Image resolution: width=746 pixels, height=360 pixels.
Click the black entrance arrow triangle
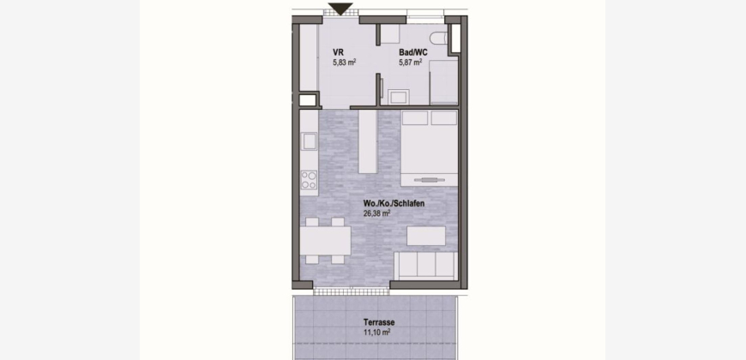pyautogui.click(x=340, y=9)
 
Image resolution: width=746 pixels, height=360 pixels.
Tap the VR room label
pyautogui.click(x=338, y=52)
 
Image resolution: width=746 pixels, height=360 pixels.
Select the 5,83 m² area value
pyautogui.click(x=345, y=62)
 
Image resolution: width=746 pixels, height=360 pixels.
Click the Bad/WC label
pyautogui.click(x=413, y=52)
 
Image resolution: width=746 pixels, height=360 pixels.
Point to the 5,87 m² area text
pyautogui.click(x=410, y=62)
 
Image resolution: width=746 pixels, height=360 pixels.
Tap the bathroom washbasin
pyautogui.click(x=398, y=97)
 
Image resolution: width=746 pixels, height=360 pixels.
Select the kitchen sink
pyautogui.click(x=310, y=141)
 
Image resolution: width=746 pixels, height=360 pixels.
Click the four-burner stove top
pyautogui.click(x=309, y=180)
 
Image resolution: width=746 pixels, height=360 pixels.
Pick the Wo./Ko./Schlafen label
pyautogui.click(x=394, y=203)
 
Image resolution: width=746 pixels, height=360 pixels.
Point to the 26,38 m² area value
pyautogui.click(x=376, y=213)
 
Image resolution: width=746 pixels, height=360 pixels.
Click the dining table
pyautogui.click(x=326, y=241)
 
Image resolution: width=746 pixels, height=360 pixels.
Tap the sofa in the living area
pyautogui.click(x=426, y=266)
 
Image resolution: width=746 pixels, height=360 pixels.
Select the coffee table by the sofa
pyautogui.click(x=426, y=236)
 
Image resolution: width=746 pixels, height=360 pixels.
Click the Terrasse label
pyautogui.click(x=379, y=322)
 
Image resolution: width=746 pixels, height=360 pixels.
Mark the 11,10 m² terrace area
pyautogui.click(x=376, y=332)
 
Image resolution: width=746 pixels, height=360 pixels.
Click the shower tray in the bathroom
pyautogui.click(x=443, y=81)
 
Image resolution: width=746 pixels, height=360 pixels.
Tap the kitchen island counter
pyautogui.click(x=368, y=141)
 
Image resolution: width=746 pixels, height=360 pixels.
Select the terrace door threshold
pyautogui.click(x=351, y=291)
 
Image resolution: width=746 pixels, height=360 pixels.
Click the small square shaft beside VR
pyautogui.click(x=308, y=100)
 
